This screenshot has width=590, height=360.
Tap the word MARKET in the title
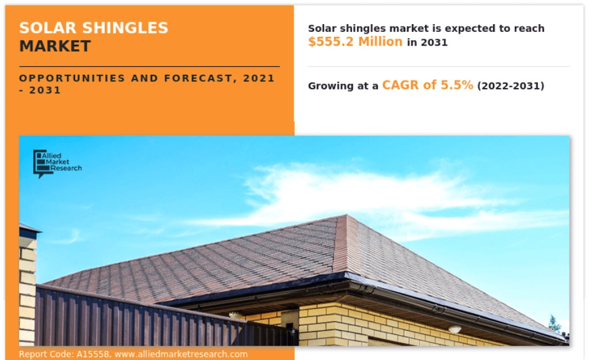(55, 46)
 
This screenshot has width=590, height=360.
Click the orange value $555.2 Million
(355, 41)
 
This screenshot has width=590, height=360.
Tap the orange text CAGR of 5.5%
(428, 85)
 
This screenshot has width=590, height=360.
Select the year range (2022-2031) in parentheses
(510, 86)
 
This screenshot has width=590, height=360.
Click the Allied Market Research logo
(56, 164)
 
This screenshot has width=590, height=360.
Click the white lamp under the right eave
(455, 329)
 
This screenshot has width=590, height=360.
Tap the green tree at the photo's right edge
(554, 324)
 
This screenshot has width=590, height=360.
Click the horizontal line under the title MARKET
(149, 66)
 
